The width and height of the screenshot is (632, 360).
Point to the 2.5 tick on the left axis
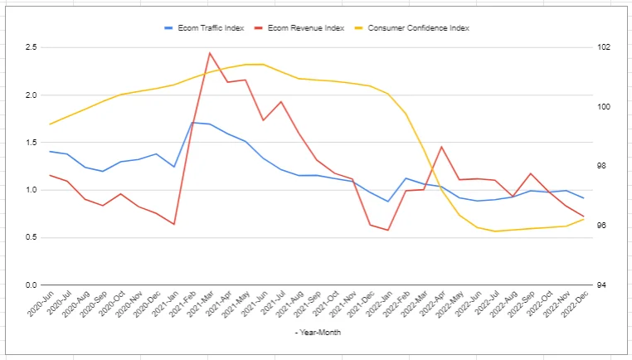[x=30, y=47]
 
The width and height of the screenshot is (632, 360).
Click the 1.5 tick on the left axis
[x=30, y=143]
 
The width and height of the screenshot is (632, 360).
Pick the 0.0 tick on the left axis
[x=30, y=285]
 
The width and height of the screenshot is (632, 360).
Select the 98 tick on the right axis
[x=601, y=166]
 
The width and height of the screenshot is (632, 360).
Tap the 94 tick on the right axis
[x=601, y=285]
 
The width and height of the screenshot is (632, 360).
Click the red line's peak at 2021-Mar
[x=210, y=53]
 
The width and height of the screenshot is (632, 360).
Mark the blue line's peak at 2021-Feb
[x=192, y=123]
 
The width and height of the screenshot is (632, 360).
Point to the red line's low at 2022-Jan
[x=388, y=230]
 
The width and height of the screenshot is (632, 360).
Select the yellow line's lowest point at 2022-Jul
[x=495, y=231]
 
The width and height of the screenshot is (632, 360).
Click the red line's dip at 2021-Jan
[x=174, y=224]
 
